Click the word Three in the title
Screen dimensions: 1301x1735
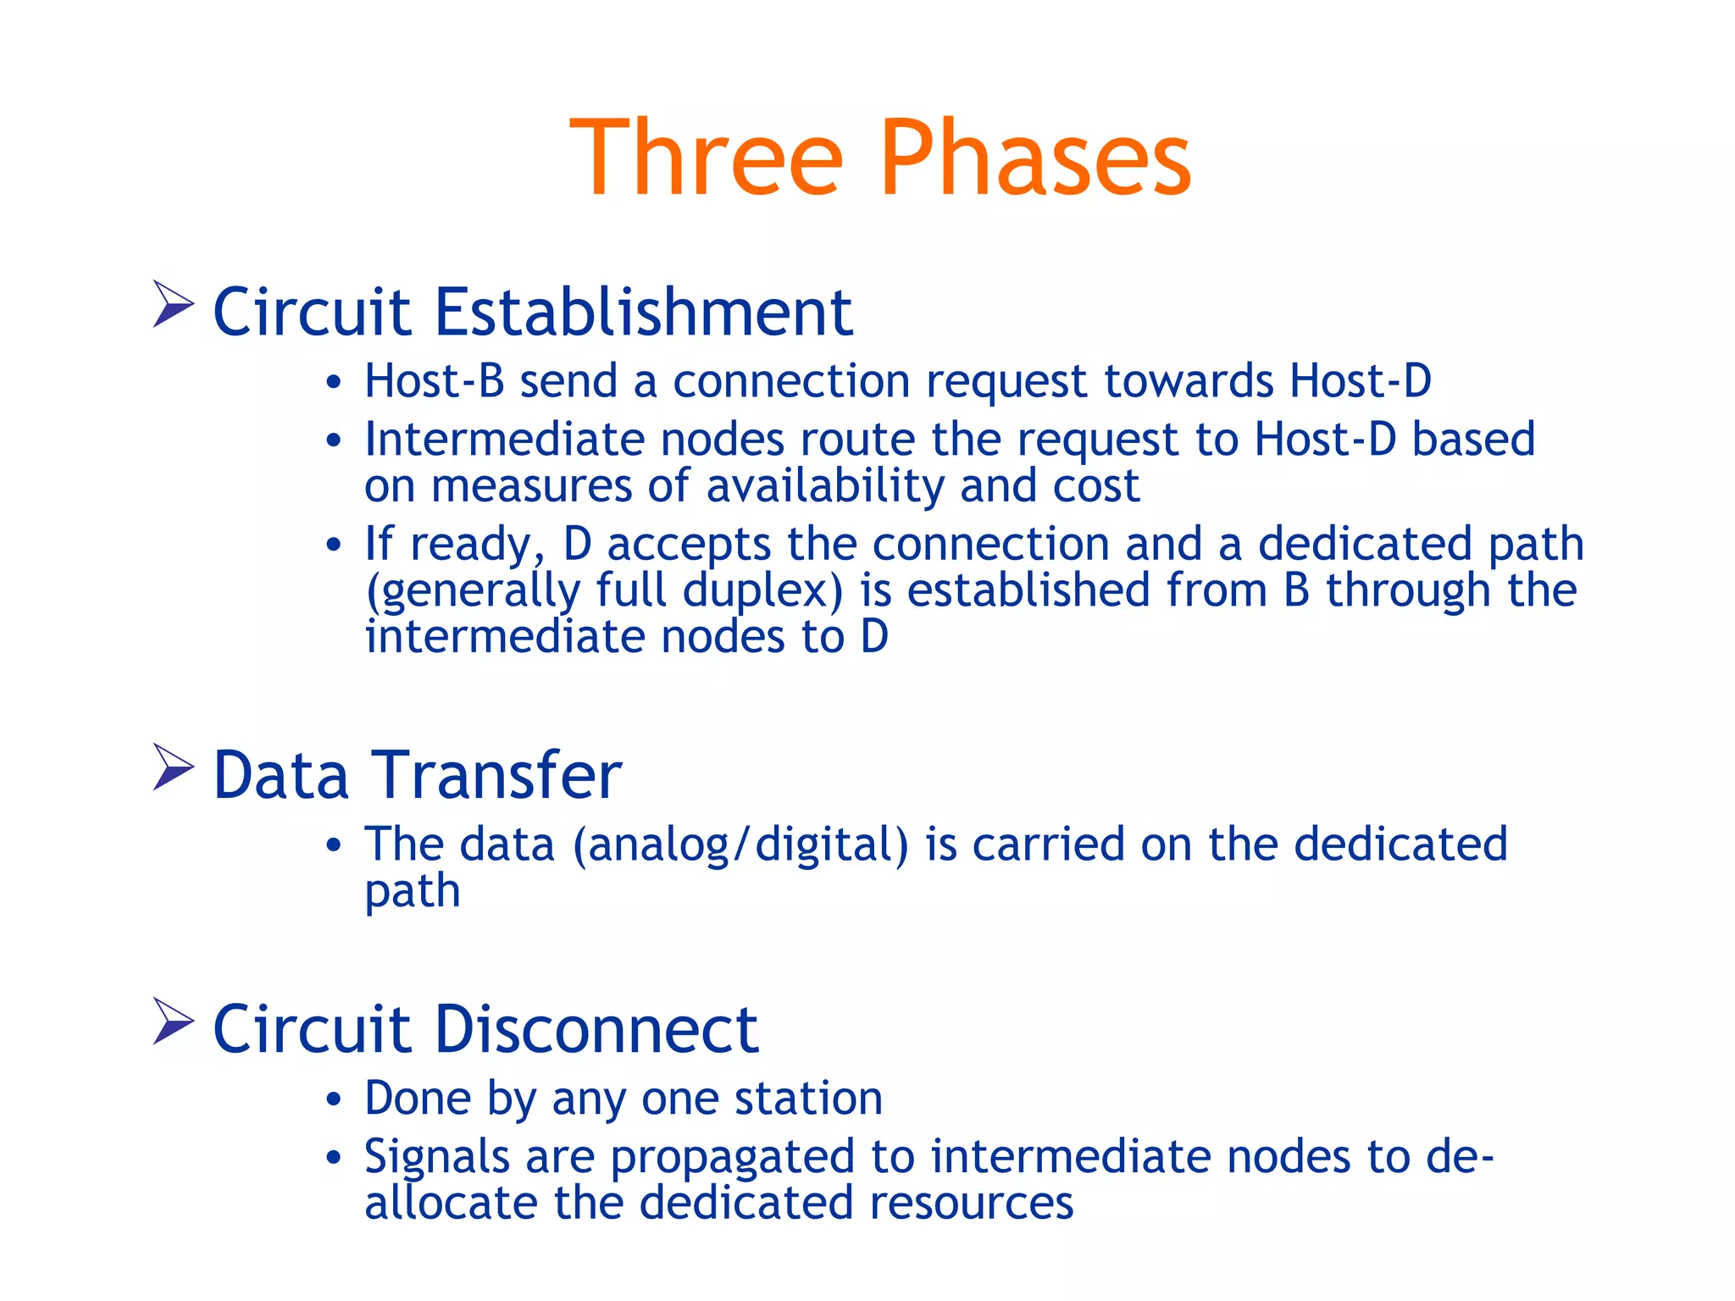pyautogui.click(x=707, y=158)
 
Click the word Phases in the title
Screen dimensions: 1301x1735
pyautogui.click(x=1035, y=158)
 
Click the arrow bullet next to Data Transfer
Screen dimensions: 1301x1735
pyautogui.click(x=173, y=767)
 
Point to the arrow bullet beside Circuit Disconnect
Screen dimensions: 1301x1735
pyautogui.click(x=173, y=1021)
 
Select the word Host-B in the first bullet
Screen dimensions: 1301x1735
pyautogui.click(x=435, y=380)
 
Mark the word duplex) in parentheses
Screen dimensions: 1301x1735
pyautogui.click(x=763, y=590)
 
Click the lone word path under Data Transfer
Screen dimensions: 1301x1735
pyautogui.click(x=413, y=891)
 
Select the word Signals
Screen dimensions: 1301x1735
pyautogui.click(x=437, y=1157)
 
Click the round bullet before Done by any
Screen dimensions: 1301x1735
pyautogui.click(x=334, y=1100)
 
